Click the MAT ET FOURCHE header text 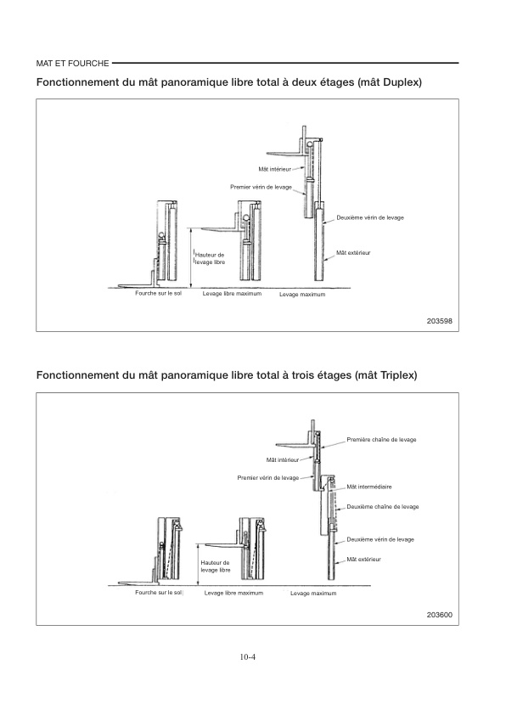pos(72,64)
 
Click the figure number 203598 pos(440,321)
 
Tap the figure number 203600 pos(440,615)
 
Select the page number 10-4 pos(248,657)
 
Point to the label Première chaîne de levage pos(381,440)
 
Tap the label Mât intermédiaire pos(369,487)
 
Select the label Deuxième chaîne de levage pos(383,507)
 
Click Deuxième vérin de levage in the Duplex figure pos(370,217)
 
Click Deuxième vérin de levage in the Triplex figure pos(380,539)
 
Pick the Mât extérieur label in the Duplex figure pos(353,252)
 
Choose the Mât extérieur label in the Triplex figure pos(363,559)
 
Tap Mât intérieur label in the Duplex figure pos(274,169)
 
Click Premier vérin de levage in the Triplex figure pos(268,478)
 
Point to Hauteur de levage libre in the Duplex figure pos(210,258)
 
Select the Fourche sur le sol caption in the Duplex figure pos(158,293)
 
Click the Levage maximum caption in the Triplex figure pos(313,594)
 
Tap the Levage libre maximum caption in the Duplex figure pos(232,294)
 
